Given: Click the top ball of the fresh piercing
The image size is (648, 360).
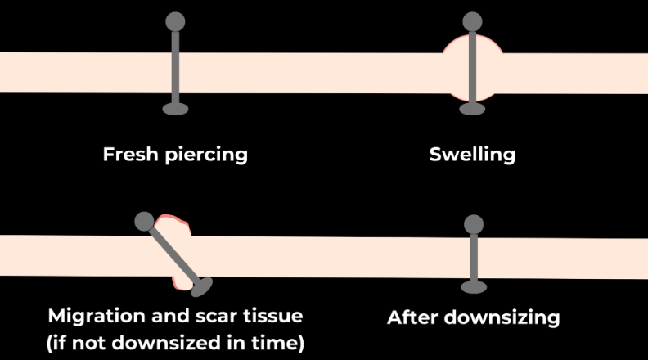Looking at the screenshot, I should click(x=175, y=20).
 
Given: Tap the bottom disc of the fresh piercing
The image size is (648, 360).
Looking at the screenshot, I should click(x=175, y=109).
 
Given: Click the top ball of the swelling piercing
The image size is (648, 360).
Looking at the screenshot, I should click(x=472, y=20).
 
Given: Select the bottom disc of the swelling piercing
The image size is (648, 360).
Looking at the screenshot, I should click(x=472, y=109).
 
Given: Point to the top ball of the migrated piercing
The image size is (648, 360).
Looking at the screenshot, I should click(x=144, y=221).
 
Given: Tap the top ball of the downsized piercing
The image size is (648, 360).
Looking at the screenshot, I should click(x=473, y=224).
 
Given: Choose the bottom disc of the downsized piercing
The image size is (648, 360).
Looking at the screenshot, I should click(x=473, y=286).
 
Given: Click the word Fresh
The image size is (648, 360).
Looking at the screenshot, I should click(x=130, y=154).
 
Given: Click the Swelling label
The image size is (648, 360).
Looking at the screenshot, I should click(x=472, y=155).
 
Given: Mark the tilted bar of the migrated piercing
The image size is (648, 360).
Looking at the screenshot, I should click(x=173, y=254).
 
